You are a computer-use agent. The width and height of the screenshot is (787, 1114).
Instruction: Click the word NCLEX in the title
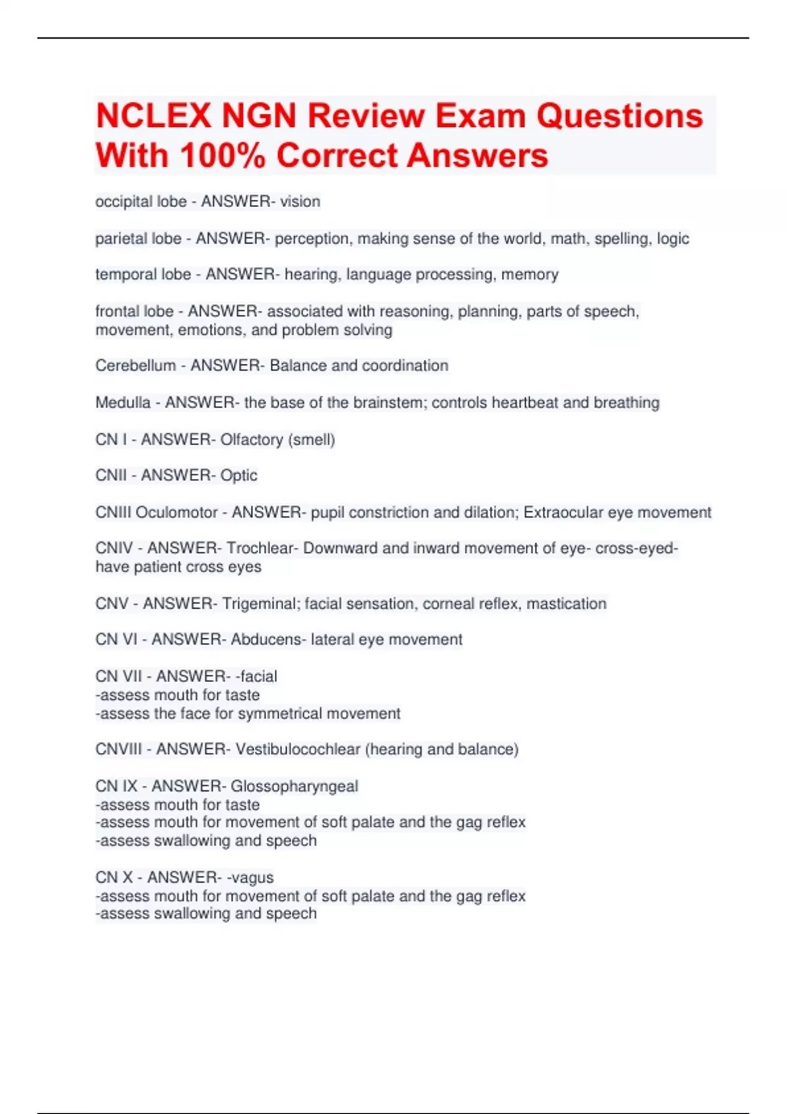pos(153,116)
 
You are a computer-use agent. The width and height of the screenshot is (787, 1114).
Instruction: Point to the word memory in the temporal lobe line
pos(530,275)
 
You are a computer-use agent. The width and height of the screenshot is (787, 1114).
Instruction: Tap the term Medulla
pos(123,402)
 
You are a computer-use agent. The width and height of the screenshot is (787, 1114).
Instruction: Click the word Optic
pos(239,476)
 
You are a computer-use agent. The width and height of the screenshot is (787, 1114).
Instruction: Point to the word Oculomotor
pos(176,512)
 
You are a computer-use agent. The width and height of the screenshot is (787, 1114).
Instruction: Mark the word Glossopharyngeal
pos(294,786)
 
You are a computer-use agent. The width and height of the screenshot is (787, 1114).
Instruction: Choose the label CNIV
pos(114,548)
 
